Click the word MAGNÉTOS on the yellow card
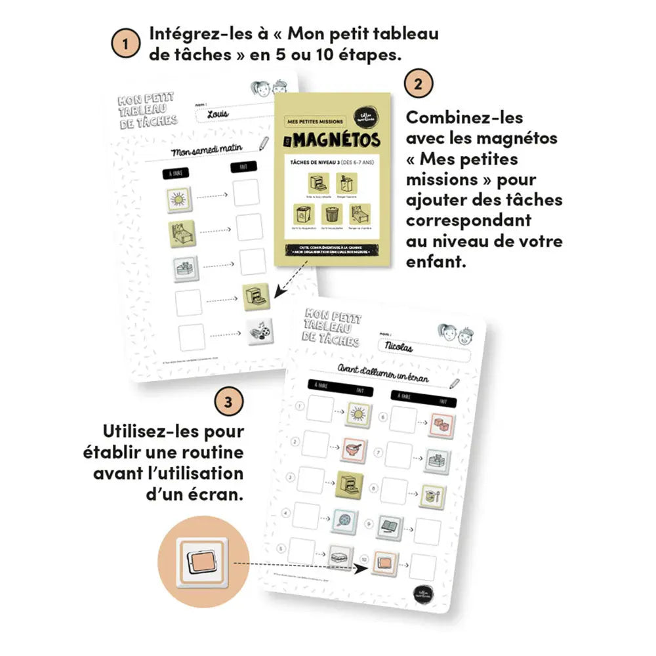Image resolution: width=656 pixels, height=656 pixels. click(x=339, y=140)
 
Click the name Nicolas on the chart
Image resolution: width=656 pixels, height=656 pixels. click(x=400, y=348)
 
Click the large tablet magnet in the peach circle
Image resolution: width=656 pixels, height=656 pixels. click(x=204, y=562)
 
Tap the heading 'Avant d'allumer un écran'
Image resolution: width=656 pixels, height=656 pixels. click(x=384, y=372)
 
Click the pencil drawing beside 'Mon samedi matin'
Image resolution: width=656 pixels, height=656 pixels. click(x=264, y=144)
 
